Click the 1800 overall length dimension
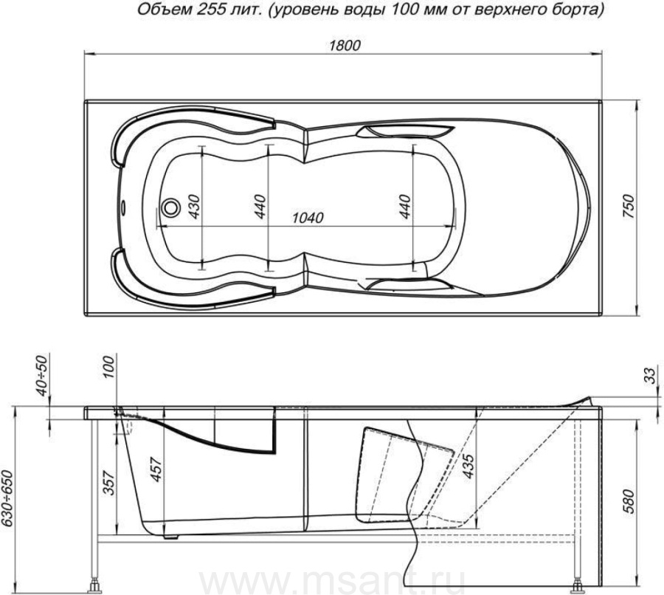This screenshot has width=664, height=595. (345, 45)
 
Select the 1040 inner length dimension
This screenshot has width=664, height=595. (308, 217)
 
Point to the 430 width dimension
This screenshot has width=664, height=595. (193, 207)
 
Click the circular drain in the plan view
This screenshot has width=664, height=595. (170, 207)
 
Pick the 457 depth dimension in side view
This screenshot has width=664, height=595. (156, 470)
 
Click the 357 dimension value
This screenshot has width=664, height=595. (109, 483)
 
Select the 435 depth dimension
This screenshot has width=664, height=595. (467, 466)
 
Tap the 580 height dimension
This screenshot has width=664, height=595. (629, 501)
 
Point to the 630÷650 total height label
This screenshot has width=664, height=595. (8, 499)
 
